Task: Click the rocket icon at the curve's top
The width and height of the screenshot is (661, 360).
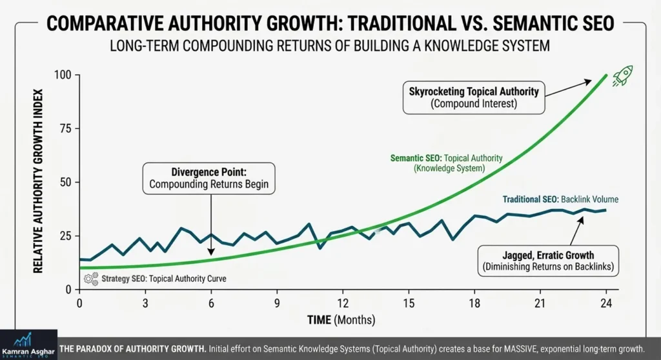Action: tap(622, 75)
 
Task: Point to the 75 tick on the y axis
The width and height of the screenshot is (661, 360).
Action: tap(65, 128)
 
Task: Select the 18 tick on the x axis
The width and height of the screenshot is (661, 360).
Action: tap(474, 303)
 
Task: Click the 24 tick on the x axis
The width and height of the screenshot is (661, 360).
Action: tap(605, 303)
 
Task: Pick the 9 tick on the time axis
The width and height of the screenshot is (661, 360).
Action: tap(277, 303)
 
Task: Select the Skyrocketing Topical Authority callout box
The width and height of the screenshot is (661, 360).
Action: tap(473, 97)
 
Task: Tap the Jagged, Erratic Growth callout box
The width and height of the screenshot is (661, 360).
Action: tap(547, 261)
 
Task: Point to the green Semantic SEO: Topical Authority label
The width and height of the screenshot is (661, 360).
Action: tap(447, 163)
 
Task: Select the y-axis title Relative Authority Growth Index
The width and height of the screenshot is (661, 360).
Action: tap(38, 184)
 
